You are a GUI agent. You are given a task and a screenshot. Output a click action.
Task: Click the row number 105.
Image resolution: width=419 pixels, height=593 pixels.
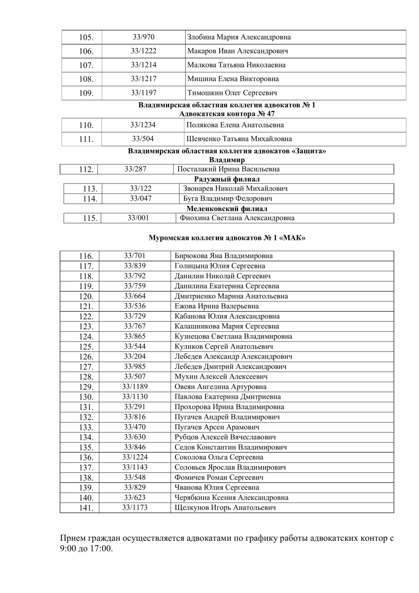86,38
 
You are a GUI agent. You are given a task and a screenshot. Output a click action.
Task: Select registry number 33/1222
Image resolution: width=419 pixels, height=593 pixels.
143,51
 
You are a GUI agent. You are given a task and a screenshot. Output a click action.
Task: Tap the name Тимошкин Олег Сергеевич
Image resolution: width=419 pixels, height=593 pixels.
232,93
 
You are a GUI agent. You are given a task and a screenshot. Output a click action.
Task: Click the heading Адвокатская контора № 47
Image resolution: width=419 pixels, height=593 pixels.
227,114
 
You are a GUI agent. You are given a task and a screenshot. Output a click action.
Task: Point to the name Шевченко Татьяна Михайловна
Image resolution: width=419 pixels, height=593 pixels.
239,139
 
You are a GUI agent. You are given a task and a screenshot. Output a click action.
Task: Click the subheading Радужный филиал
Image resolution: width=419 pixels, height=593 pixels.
227,179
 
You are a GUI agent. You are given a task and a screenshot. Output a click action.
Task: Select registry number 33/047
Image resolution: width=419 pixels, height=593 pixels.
141,198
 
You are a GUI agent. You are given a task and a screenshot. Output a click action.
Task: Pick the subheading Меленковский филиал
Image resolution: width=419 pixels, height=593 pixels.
227,209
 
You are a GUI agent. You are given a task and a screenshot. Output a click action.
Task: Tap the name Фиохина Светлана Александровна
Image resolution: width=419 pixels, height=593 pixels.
237,218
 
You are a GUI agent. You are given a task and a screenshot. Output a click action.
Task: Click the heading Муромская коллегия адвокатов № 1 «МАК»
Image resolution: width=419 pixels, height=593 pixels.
227,238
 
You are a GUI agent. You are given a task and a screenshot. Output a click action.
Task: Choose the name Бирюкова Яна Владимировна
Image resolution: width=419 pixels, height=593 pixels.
224,256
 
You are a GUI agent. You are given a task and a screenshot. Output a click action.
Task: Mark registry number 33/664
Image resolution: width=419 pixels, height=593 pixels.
135,296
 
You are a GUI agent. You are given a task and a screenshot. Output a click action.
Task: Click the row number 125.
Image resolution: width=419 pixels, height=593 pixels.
86,347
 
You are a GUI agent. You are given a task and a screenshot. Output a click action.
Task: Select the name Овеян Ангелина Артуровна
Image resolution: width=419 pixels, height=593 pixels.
220,387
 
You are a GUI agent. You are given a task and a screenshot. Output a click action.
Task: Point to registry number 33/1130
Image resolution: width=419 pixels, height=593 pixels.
135,397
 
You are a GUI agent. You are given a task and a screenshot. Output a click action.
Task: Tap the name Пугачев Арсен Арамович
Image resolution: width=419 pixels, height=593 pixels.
217,427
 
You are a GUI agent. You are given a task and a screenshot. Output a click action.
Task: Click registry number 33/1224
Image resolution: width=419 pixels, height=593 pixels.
135,457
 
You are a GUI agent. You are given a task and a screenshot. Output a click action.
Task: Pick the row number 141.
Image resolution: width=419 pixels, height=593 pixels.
86,508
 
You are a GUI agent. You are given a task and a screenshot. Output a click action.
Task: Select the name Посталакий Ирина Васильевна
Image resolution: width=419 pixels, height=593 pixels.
228,169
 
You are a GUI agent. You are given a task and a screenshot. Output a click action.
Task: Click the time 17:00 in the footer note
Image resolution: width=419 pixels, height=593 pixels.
101,549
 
